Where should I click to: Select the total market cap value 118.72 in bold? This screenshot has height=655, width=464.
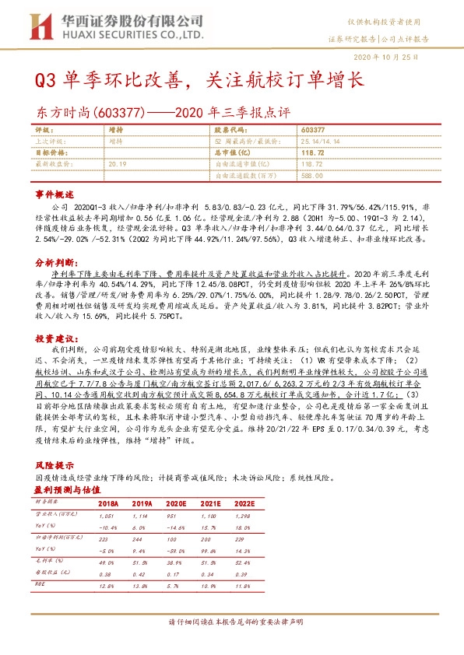click(x=311, y=154)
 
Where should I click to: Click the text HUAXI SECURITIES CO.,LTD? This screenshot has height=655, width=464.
click(x=135, y=35)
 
